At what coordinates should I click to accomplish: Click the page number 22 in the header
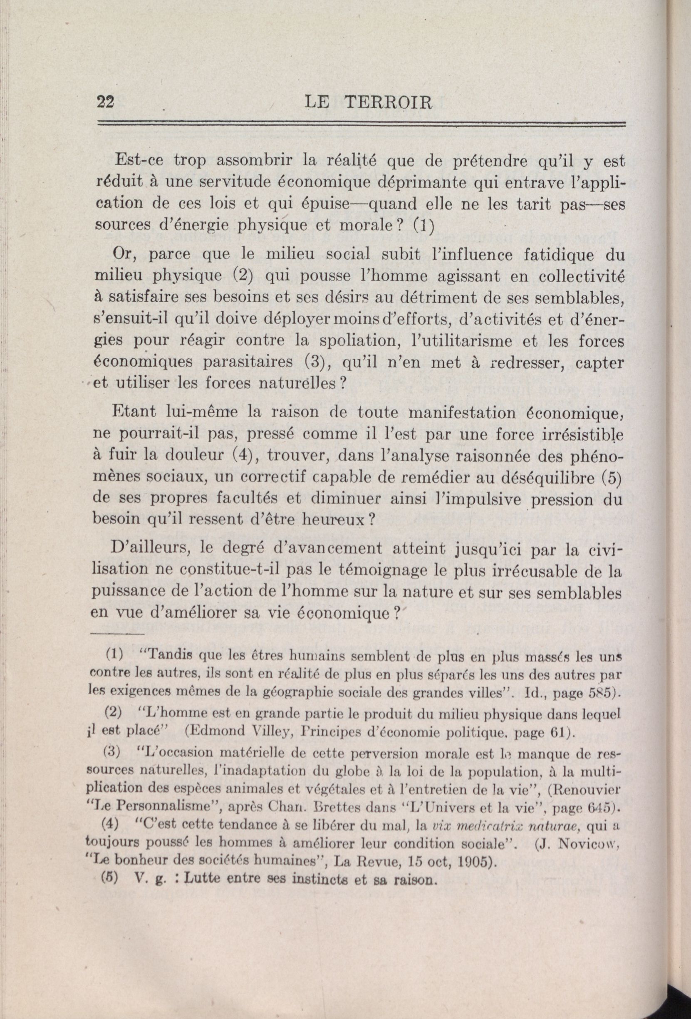click(106, 102)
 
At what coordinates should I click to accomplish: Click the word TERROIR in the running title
click(389, 103)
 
